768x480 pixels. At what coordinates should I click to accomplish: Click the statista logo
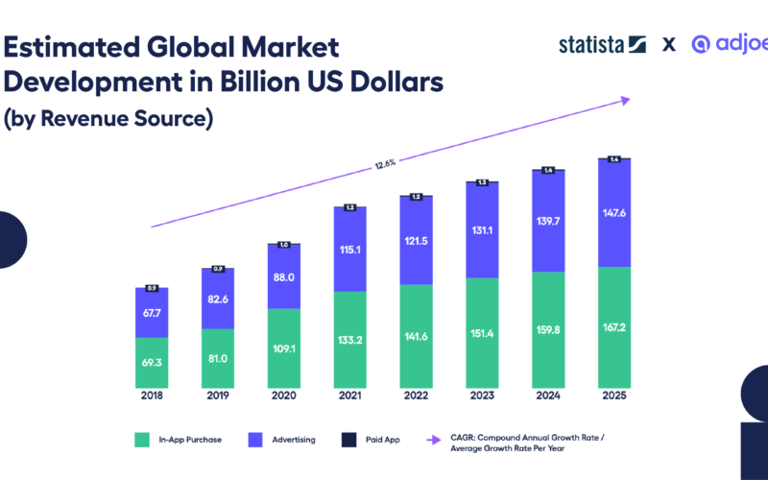(602, 44)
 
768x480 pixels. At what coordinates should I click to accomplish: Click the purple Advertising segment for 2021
(350, 250)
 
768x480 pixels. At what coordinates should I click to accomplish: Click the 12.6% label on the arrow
(385, 164)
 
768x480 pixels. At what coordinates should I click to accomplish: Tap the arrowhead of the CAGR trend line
(625, 98)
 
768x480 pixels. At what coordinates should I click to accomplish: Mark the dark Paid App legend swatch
(348, 440)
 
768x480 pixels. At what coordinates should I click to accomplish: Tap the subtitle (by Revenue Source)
(107, 119)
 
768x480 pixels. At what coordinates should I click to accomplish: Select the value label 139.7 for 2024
(548, 222)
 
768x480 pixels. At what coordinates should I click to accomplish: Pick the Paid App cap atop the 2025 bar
(614, 159)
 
